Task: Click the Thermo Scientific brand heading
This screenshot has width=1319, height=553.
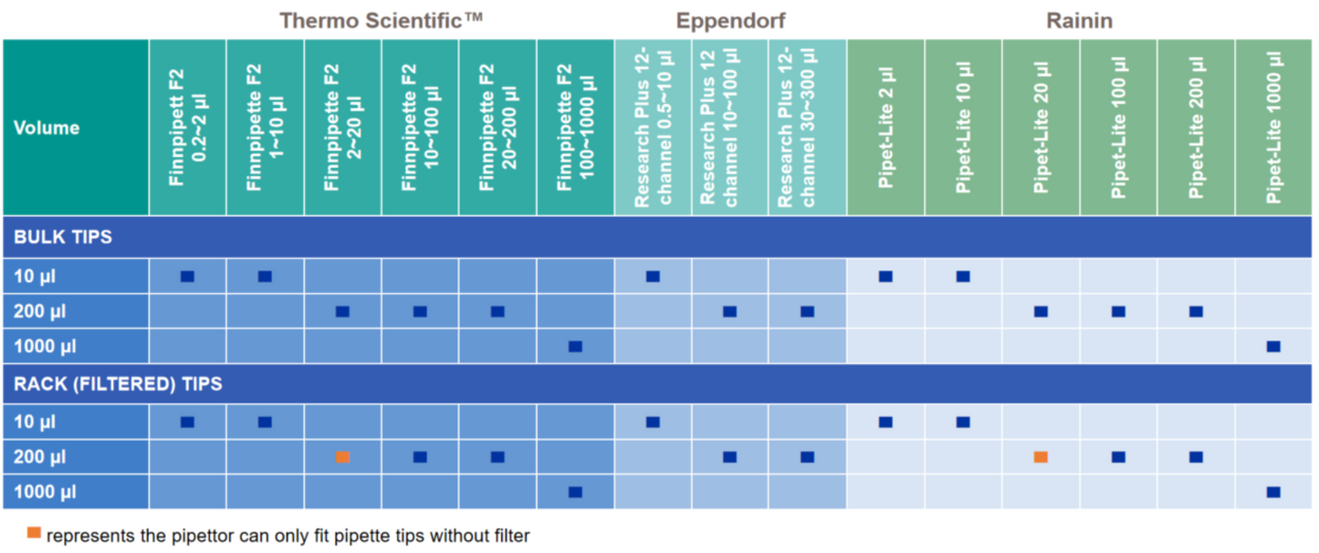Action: tap(381, 20)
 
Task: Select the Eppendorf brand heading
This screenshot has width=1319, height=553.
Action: tap(730, 20)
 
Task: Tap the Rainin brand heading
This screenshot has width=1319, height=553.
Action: tap(1079, 20)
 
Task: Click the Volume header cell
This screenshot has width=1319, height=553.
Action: tap(47, 128)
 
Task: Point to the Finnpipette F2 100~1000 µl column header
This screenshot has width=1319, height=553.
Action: tap(575, 127)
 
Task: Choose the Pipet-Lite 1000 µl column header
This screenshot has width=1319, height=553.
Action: tap(1274, 127)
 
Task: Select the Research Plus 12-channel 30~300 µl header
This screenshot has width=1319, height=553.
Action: tap(807, 127)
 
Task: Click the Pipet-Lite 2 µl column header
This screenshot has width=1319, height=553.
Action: tap(885, 127)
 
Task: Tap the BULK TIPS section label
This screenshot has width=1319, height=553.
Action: tap(63, 237)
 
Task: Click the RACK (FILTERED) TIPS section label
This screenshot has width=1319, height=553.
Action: tap(118, 384)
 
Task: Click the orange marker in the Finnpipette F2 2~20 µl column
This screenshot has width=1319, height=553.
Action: tap(342, 457)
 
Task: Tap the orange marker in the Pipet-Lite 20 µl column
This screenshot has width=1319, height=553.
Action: tap(1041, 457)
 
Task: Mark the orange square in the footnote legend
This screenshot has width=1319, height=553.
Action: tap(34, 533)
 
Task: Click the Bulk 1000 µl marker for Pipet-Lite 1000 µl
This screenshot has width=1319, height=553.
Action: tap(1273, 347)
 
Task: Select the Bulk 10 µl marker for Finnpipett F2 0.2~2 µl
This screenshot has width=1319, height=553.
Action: tap(187, 276)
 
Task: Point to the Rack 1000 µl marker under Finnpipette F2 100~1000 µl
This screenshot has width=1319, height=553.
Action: tap(575, 493)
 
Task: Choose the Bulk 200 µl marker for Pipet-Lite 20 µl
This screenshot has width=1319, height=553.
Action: tap(1041, 312)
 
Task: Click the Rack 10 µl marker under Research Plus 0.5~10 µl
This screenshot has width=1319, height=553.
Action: tap(653, 423)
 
